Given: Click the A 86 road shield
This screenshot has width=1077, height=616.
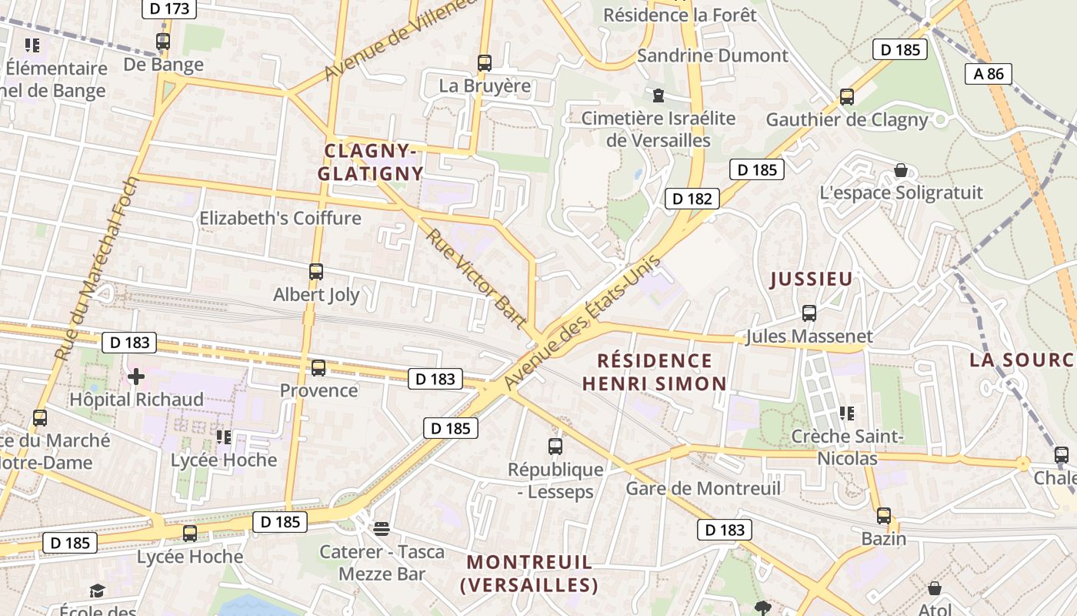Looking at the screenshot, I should tap(989, 74).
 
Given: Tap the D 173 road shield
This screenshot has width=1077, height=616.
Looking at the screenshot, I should tap(170, 9).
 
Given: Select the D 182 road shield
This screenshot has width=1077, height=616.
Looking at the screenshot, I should tap(692, 199).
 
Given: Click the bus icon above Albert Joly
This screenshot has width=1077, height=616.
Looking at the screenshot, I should tap(316, 271).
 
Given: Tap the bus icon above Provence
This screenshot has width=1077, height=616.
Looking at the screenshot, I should tap(318, 368).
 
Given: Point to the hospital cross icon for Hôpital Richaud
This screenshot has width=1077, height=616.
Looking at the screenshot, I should tap(136, 377).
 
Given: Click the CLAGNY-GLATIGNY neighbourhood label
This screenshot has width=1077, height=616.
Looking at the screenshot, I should tap(371, 162).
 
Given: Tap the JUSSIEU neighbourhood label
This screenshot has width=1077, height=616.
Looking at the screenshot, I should tap(812, 279).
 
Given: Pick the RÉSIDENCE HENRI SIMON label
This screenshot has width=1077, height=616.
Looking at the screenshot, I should tap(654, 372).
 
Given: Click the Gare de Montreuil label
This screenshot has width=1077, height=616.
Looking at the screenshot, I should tap(703, 488).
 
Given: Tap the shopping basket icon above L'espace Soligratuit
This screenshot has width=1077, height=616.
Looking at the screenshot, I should tap(901, 170).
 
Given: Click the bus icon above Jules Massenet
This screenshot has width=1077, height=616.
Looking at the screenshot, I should tap(809, 313).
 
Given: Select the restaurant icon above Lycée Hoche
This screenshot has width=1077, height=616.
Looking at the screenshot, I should tap(224, 437).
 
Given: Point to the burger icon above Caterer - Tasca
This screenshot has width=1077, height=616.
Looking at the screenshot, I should tap(382, 528).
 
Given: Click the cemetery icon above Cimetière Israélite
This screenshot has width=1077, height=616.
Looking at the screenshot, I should tap(659, 95).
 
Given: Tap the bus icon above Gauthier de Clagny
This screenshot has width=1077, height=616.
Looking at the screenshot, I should tap(847, 97).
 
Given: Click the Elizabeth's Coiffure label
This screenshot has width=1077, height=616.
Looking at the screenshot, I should tap(280, 218).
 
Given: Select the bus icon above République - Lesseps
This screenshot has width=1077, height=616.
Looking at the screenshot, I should tap(555, 447).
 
